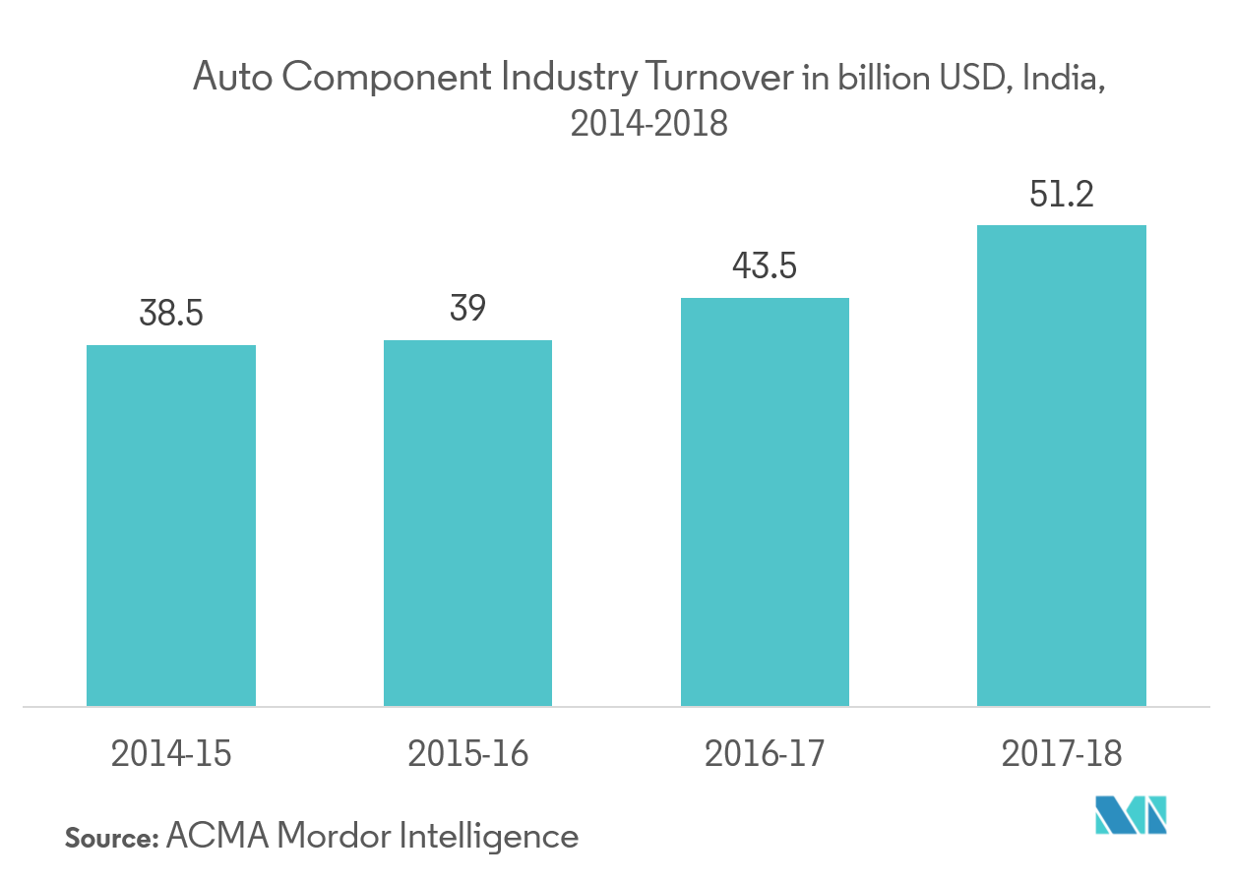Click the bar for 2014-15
[171, 525]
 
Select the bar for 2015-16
[467, 523]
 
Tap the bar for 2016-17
[765, 501]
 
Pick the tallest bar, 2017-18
[1062, 465]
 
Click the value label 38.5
[171, 316]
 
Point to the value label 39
[467, 310]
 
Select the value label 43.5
[765, 267]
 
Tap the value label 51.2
[1062, 195]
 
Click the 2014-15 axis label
[171, 754]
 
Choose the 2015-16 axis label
[467, 754]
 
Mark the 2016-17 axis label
[765, 754]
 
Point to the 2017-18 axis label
[1062, 754]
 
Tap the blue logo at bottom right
[1132, 814]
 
